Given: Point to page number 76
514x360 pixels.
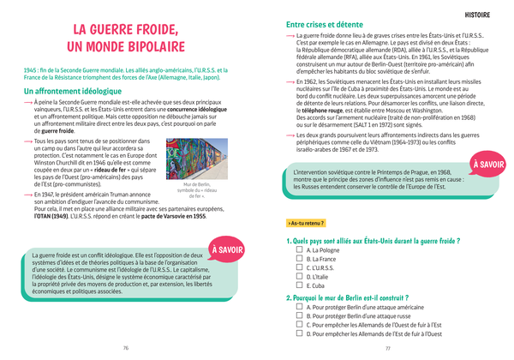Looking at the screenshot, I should (126, 348).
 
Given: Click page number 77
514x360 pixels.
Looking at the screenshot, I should (387, 348).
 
